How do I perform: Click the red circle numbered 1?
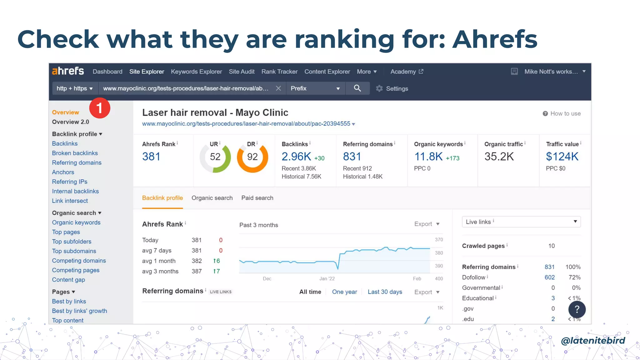tap(100, 108)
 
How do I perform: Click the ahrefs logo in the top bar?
tap(68, 71)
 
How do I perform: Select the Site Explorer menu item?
tap(147, 72)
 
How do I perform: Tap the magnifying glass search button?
tap(357, 88)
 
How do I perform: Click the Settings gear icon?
tap(379, 89)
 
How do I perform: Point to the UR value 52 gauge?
tap(215, 157)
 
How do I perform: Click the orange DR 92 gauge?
tap(252, 157)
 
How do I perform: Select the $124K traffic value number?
tap(562, 157)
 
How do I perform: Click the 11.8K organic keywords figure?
tap(428, 157)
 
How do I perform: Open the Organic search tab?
tap(212, 198)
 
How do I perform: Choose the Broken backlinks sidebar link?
tap(75, 153)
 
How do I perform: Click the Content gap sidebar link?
tap(68, 280)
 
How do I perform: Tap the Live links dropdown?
tap(521, 222)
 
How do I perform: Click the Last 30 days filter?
tap(385, 292)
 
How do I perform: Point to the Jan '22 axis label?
tap(327, 279)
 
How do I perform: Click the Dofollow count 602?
tap(549, 277)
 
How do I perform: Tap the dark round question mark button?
tap(577, 309)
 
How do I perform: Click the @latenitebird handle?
tap(593, 340)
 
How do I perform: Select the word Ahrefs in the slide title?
tap(495, 39)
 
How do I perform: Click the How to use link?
tap(565, 114)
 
